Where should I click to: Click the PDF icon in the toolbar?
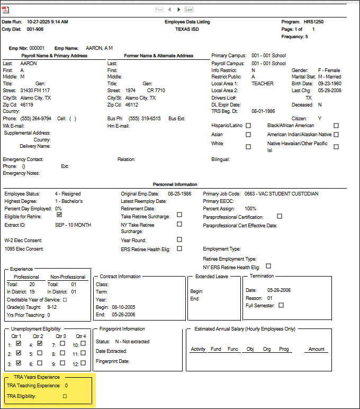6,10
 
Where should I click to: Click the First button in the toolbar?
159,10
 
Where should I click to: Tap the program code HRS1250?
313,22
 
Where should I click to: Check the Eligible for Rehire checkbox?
59,215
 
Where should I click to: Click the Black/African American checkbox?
336,126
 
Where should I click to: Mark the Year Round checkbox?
179,239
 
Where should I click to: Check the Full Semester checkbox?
281,305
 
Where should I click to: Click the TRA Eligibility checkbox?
65,396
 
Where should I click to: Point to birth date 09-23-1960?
330,84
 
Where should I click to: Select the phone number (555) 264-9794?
35,118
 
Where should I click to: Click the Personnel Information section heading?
179,184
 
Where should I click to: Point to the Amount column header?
317,349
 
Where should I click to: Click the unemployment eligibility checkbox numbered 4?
40,343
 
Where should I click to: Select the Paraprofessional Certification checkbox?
280,216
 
